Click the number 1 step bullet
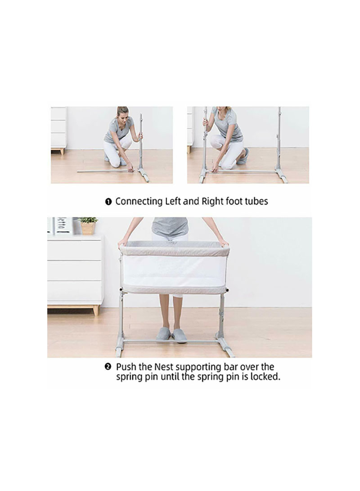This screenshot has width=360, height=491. (108, 202)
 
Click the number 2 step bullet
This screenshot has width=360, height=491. (108, 366)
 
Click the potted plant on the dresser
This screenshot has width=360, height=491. (88, 225)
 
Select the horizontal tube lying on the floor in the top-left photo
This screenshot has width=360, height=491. (105, 171)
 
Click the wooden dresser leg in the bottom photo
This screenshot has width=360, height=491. (96, 310)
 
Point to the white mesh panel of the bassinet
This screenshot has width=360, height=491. (174, 271)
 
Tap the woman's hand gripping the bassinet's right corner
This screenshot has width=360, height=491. (223, 243)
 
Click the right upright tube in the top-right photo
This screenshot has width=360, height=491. (279, 140)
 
